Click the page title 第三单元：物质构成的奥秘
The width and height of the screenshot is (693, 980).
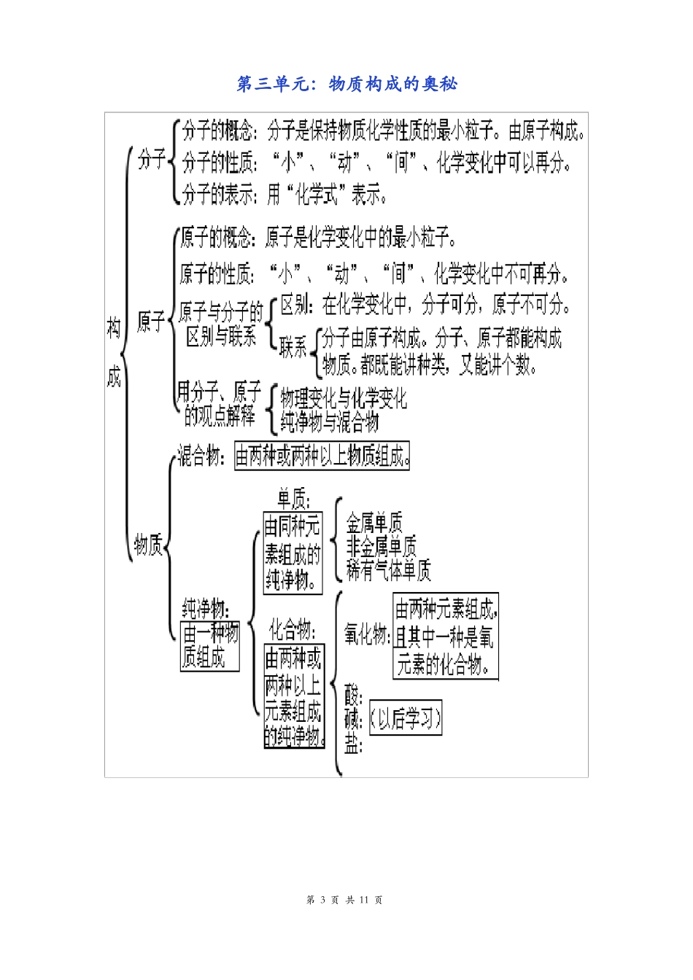click(x=347, y=84)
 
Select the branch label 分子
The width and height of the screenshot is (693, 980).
click(x=152, y=159)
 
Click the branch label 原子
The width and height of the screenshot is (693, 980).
click(x=151, y=322)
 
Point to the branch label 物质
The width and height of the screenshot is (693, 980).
click(x=148, y=545)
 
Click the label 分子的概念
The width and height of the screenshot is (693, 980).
click(x=218, y=131)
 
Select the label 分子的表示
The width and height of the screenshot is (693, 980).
click(x=218, y=194)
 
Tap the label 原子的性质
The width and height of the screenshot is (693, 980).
click(x=217, y=274)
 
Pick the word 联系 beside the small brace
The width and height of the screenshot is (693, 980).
click(x=293, y=348)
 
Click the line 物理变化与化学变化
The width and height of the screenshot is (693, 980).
click(x=344, y=398)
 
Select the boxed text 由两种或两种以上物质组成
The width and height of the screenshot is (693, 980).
click(x=322, y=456)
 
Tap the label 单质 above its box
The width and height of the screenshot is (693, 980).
click(x=293, y=499)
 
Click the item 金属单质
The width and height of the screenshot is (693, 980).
click(x=374, y=523)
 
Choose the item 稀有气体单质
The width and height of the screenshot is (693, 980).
click(x=388, y=569)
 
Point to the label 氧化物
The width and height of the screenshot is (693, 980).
click(x=367, y=635)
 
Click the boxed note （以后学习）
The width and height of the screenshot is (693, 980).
click(x=406, y=719)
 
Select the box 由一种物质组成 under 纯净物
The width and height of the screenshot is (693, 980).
click(x=210, y=645)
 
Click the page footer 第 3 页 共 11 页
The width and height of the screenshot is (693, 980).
click(x=345, y=900)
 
